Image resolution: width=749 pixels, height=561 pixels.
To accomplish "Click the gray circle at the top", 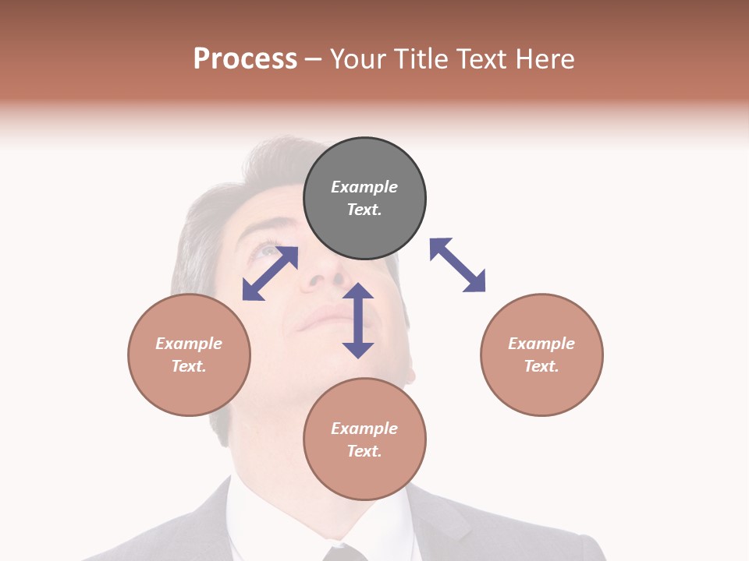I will [364, 199].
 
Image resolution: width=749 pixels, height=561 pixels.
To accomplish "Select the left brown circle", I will [189, 355].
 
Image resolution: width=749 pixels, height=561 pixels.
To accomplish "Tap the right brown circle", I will [541, 355].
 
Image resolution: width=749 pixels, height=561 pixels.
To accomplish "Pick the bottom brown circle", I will [364, 439].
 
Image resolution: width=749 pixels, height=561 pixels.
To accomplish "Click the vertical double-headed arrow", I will [358, 320].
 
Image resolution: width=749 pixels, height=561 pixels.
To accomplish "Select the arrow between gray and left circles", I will [270, 273].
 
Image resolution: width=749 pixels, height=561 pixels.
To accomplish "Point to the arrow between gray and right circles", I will [457, 265].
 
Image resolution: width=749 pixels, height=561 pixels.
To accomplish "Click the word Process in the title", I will [245, 58].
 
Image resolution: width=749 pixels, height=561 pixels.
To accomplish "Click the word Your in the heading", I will [359, 58].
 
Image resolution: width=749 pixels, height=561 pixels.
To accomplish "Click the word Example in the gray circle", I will [364, 187].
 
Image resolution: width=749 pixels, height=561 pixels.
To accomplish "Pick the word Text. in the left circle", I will [189, 366].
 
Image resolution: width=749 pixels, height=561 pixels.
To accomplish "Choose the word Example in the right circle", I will [541, 344].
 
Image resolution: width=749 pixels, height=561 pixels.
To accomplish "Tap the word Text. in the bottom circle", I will [364, 451].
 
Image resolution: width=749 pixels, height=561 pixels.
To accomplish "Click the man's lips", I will [324, 319].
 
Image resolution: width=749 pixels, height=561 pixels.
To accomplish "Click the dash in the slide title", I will [314, 59].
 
